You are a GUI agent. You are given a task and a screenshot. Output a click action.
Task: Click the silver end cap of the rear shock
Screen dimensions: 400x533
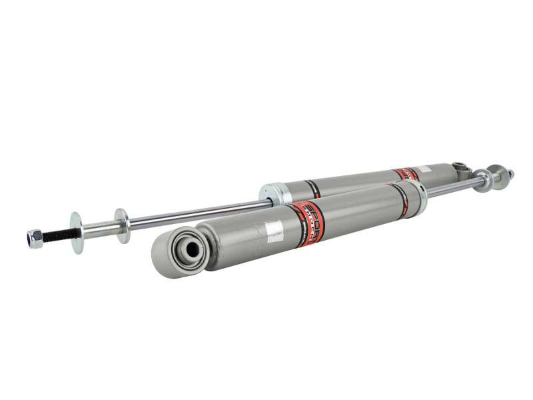[x=274, y=193]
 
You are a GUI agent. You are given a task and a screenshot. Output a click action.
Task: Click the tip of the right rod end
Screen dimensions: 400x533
[x=511, y=174]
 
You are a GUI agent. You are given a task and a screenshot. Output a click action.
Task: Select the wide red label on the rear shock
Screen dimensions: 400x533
[x=406, y=175]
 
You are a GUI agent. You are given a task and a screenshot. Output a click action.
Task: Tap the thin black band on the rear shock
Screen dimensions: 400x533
[x=313, y=189]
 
